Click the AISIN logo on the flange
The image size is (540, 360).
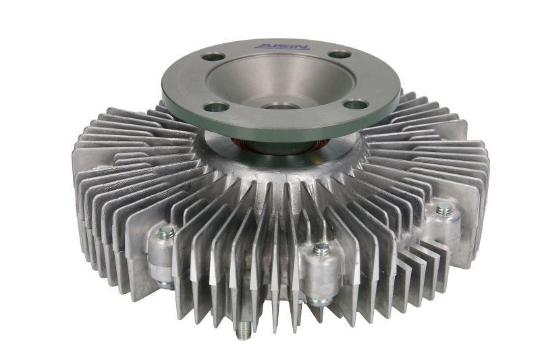282,46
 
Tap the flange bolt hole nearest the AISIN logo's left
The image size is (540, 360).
213,57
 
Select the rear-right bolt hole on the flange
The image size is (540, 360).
340,55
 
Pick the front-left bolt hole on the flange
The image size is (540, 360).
216,107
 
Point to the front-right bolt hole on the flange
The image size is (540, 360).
356,104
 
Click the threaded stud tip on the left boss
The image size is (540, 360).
166,233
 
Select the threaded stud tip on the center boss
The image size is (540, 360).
321,249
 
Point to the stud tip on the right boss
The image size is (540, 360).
443,209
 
